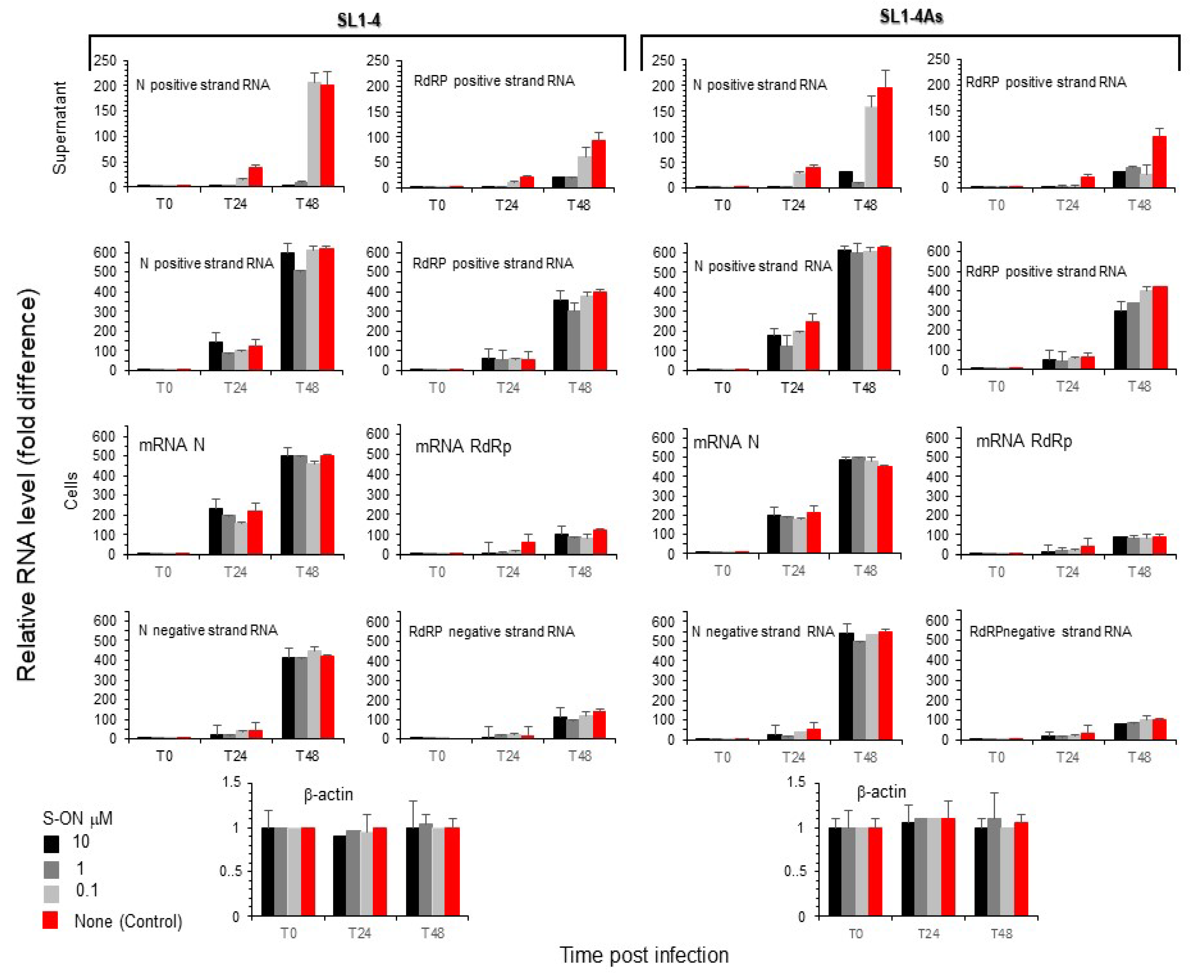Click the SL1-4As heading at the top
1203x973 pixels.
pos(911,17)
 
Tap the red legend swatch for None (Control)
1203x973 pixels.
pos(50,920)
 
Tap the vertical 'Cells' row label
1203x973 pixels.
pos(71,491)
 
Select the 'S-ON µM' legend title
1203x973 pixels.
pos(77,818)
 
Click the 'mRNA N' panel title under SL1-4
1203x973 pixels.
pos(171,445)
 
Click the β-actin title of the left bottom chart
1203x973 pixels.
pos(328,795)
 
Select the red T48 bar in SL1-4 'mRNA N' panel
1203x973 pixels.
pos(327,504)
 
